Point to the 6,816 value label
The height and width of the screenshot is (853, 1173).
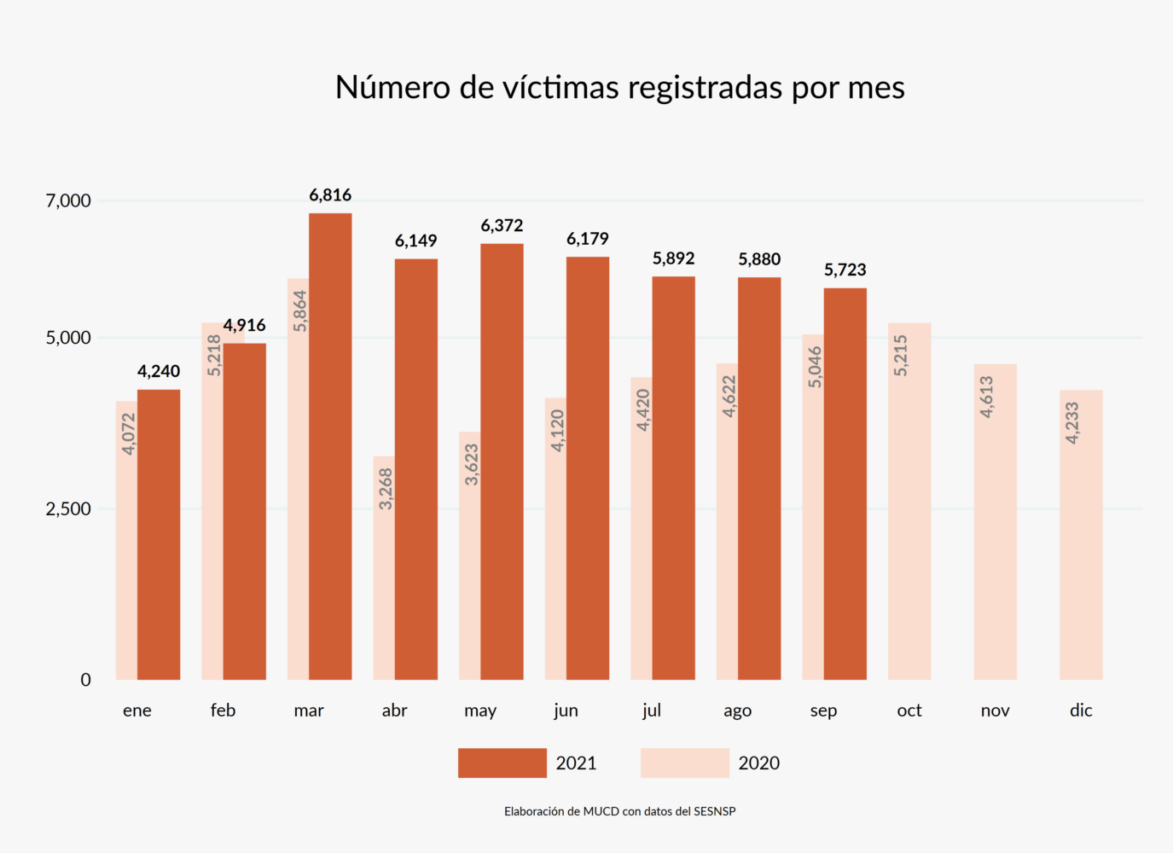pyautogui.click(x=330, y=195)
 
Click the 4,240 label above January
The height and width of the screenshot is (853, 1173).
pyautogui.click(x=159, y=371)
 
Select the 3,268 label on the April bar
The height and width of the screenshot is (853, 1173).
pyautogui.click(x=386, y=489)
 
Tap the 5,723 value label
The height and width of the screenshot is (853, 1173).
pyautogui.click(x=845, y=270)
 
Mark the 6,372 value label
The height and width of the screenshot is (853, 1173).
pyautogui.click(x=502, y=226)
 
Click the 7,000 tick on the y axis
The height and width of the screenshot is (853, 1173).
pyautogui.click(x=68, y=201)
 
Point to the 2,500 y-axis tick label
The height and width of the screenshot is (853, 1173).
pyautogui.click(x=68, y=509)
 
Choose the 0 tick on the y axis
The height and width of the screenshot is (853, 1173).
pyautogui.click(x=85, y=680)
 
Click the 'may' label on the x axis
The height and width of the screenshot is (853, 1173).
pyautogui.click(x=480, y=711)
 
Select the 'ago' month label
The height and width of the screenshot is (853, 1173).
pyautogui.click(x=737, y=711)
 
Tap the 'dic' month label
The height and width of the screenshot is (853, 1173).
pyautogui.click(x=1081, y=711)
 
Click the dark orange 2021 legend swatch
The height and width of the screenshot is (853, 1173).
pyautogui.click(x=502, y=763)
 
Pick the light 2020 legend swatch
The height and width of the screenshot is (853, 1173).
pyautogui.click(x=684, y=763)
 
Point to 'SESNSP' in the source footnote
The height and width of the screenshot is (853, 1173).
pyautogui.click(x=715, y=811)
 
